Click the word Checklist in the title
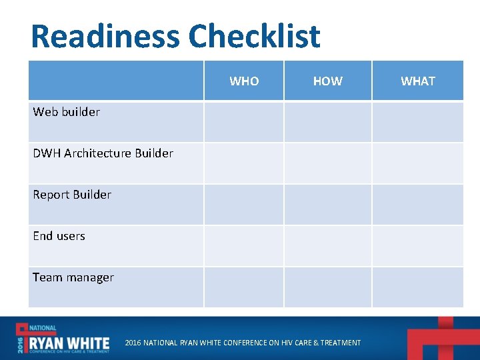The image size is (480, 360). [x=254, y=37]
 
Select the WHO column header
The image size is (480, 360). [x=244, y=81]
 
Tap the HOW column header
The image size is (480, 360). [x=327, y=81]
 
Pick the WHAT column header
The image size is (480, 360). [x=417, y=81]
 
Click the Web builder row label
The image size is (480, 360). [x=67, y=112]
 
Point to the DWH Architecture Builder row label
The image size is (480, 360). [x=103, y=153]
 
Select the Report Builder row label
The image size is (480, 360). [x=72, y=195]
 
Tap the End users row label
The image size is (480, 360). [x=59, y=236]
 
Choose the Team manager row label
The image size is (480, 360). [x=73, y=277]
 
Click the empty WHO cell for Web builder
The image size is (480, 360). [x=244, y=121]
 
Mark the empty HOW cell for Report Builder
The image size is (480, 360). [x=327, y=204]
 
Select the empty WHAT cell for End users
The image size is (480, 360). [x=417, y=245]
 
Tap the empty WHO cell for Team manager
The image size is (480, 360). [x=244, y=287]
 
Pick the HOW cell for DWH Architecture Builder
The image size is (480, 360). [x=327, y=163]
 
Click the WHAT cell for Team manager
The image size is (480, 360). [x=417, y=287]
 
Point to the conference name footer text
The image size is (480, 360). [x=243, y=343]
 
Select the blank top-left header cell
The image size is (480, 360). [x=115, y=81]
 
